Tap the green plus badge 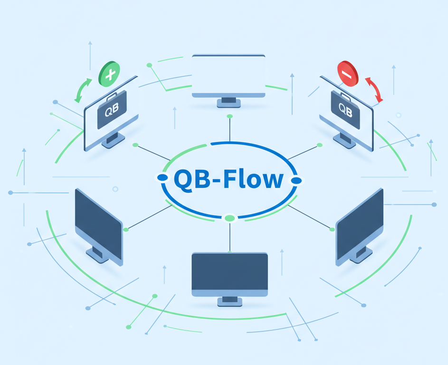[109, 74]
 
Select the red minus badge [347, 74]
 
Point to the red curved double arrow [374, 90]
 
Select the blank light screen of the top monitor [229, 74]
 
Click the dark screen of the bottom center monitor [229, 271]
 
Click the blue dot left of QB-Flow [162, 178]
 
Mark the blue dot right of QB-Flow [296, 180]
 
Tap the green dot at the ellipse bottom [229, 218]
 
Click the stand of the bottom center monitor [229, 300]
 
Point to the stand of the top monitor [229, 101]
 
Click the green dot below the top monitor [229, 116]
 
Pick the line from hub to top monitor [229, 129]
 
